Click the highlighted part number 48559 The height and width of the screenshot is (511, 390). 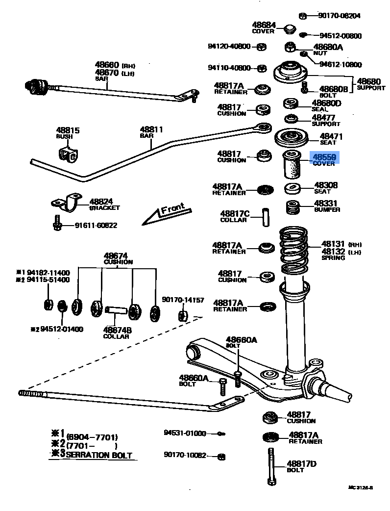click(324, 157)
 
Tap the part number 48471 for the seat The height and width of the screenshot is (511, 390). click(331, 137)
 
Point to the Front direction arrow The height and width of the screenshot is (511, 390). click(164, 214)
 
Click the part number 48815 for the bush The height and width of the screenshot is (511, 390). click(68, 130)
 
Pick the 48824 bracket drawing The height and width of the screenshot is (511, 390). click(67, 202)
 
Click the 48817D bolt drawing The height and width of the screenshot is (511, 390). click(271, 466)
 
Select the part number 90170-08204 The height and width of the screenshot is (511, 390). click(339, 16)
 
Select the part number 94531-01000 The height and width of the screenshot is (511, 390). click(185, 434)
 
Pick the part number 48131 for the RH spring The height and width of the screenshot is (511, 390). click(333, 244)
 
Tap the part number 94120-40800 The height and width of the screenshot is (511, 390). click(229, 47)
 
